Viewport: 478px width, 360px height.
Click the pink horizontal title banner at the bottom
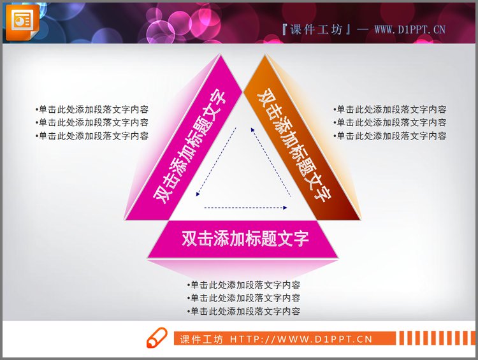(x=245, y=239)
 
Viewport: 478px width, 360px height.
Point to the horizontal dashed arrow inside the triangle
(x=245, y=208)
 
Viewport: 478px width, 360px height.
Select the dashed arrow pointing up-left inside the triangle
(x=271, y=162)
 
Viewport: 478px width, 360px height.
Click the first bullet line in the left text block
(x=92, y=110)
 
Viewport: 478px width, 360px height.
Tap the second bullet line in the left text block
(x=92, y=122)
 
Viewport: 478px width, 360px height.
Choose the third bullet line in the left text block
(x=92, y=136)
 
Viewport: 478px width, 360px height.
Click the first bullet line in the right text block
(x=389, y=110)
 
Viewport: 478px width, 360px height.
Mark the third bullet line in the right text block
(x=389, y=136)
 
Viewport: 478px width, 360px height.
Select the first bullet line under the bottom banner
(x=243, y=285)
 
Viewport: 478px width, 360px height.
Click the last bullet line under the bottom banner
(x=243, y=312)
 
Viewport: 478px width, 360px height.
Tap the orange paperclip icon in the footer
(x=156, y=338)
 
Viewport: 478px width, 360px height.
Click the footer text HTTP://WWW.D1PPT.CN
(x=301, y=339)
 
